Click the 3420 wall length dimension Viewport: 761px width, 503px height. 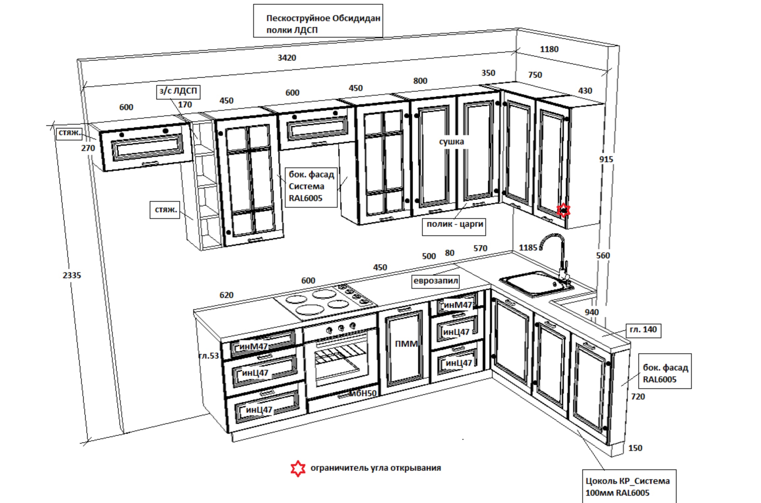click(x=287, y=58)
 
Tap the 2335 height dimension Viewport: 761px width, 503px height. click(x=72, y=275)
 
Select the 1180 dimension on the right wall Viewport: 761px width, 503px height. click(x=549, y=49)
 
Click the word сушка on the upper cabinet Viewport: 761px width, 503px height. click(x=451, y=142)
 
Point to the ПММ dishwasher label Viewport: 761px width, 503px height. click(x=406, y=344)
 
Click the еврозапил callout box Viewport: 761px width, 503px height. click(x=436, y=281)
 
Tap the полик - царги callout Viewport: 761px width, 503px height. click(x=454, y=224)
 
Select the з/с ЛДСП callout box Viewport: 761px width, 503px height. click(x=178, y=91)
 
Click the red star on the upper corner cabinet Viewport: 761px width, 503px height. click(x=563, y=210)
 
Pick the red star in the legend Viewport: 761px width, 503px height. click(x=297, y=468)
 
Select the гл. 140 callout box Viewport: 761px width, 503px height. click(x=643, y=330)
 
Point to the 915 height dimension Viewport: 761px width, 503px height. click(x=606, y=160)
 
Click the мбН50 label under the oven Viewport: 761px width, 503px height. click(x=363, y=393)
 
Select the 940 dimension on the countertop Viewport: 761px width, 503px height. click(x=592, y=312)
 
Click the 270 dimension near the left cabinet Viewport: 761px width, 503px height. click(x=88, y=148)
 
